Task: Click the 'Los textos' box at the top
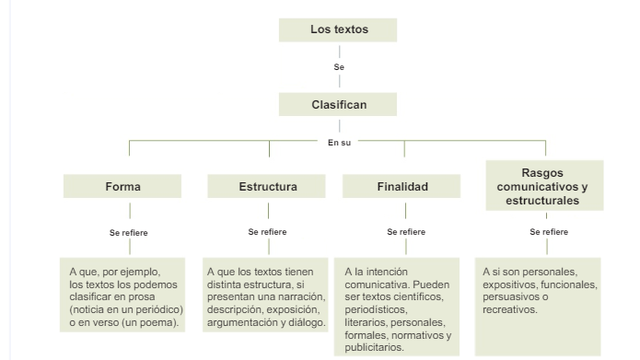[339, 30]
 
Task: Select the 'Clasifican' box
[339, 104]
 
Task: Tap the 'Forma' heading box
[123, 187]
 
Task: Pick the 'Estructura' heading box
[267, 187]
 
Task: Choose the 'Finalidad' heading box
[402, 187]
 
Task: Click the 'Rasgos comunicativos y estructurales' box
[542, 187]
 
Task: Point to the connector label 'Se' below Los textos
[339, 67]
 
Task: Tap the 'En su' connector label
[339, 142]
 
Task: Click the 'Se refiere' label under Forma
[128, 232]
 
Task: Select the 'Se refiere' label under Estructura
[267, 232]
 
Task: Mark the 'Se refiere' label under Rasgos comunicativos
[549, 232]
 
